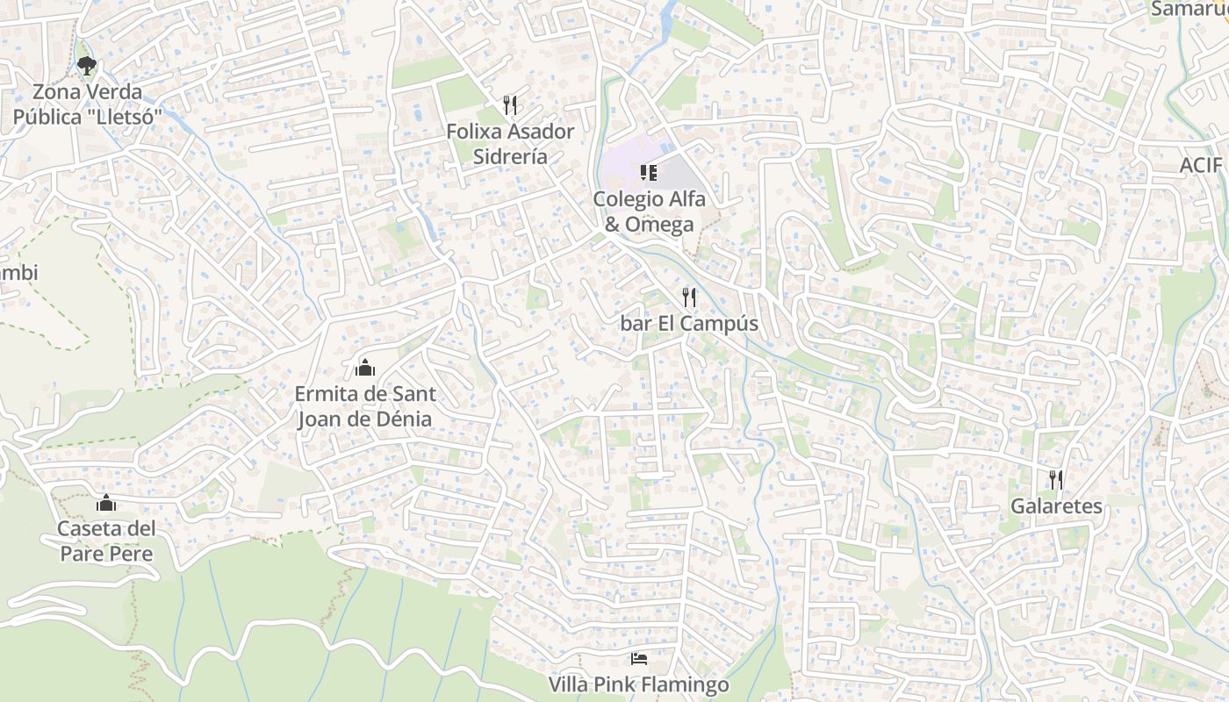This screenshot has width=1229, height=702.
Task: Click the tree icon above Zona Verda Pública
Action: coord(86,64)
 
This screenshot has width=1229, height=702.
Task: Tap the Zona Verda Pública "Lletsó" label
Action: coord(87,104)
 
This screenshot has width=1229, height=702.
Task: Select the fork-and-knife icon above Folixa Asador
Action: coord(510,105)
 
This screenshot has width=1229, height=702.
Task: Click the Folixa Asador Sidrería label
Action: coord(510,144)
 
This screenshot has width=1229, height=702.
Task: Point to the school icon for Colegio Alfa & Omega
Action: coord(649,172)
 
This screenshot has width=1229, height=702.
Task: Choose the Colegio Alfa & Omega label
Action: coord(649,211)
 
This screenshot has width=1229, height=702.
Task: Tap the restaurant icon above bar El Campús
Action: coord(689,297)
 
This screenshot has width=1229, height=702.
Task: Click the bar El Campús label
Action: coord(689,324)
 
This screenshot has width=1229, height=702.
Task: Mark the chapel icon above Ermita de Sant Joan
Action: coord(365,367)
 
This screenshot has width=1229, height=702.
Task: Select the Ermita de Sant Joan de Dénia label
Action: coord(365,406)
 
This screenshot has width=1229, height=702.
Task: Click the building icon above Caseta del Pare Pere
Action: coord(106,503)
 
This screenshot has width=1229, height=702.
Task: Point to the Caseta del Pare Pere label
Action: coord(106,541)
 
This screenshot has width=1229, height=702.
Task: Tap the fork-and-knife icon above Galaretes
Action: coord(1056,480)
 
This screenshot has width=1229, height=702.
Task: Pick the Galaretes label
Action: coord(1056,506)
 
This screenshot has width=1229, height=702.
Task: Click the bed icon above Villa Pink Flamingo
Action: coord(639,658)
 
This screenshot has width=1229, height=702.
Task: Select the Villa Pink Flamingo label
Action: coord(639,684)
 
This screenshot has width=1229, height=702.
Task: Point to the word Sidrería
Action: coord(510,157)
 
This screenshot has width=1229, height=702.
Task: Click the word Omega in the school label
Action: coord(658,224)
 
